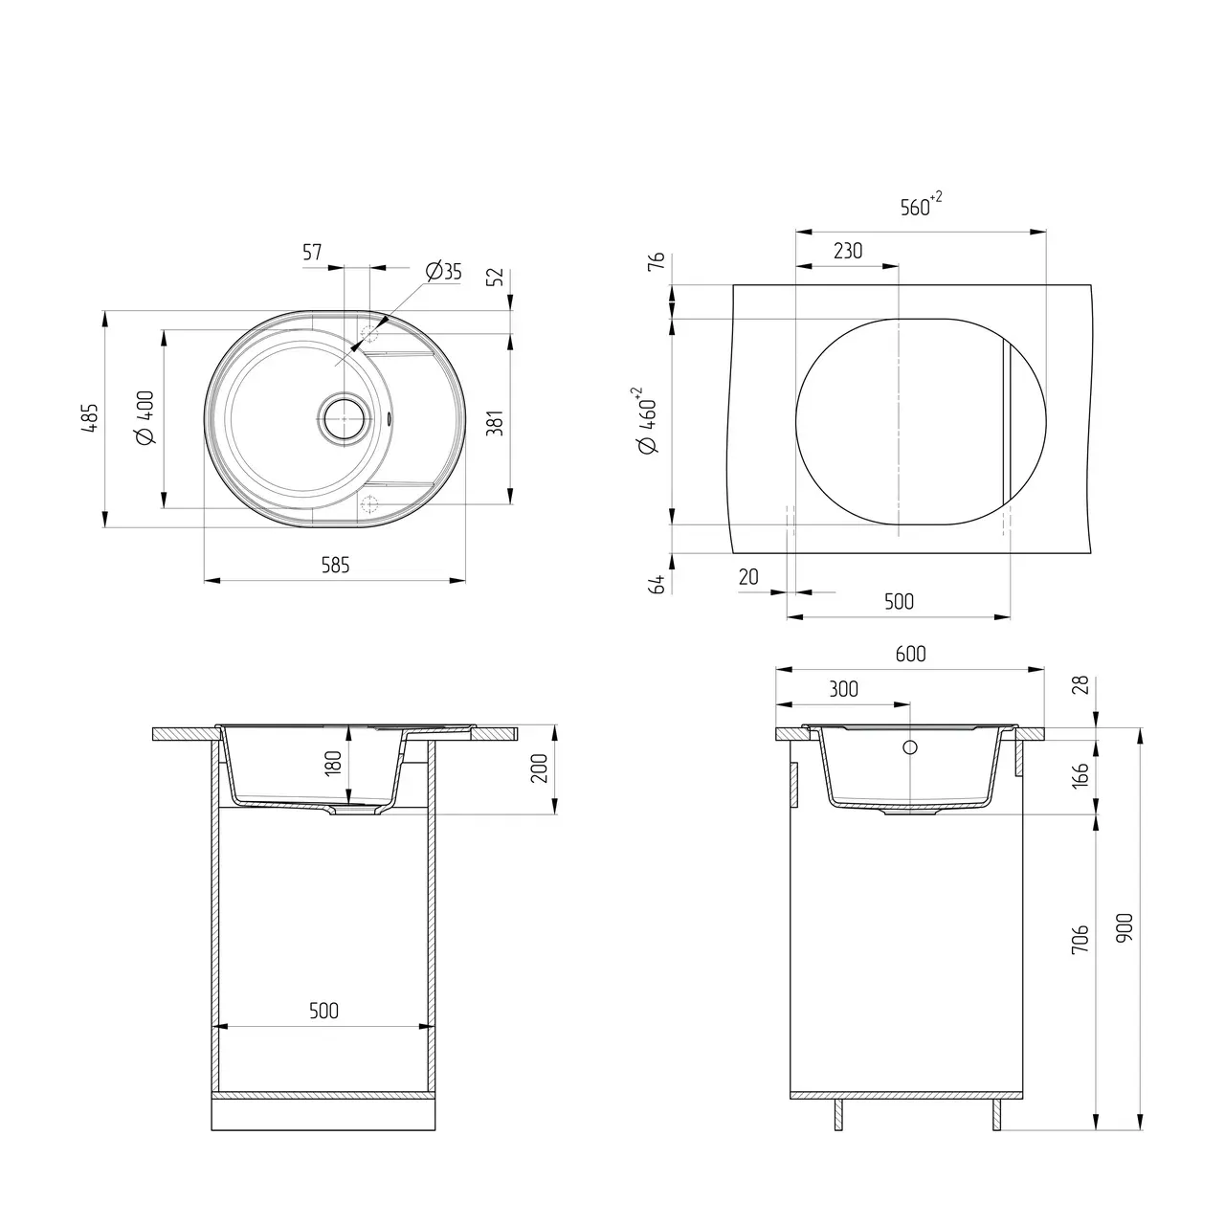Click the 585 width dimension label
click(x=335, y=566)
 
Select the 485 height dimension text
click(x=89, y=419)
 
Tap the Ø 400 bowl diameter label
click(x=146, y=418)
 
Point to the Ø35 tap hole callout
click(x=441, y=272)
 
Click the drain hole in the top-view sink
click(x=342, y=418)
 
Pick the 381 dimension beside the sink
click(x=495, y=422)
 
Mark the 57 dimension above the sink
click(x=312, y=253)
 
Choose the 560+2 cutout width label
click(x=920, y=206)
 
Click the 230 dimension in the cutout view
click(x=847, y=251)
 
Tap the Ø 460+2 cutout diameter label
click(x=647, y=420)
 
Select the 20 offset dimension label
click(x=748, y=577)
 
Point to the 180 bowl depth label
click(x=333, y=763)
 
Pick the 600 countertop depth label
click(x=910, y=654)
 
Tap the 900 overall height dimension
click(x=1125, y=926)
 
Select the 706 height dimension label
click(x=1080, y=942)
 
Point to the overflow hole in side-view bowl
click(x=909, y=746)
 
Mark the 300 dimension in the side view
click(x=843, y=689)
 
